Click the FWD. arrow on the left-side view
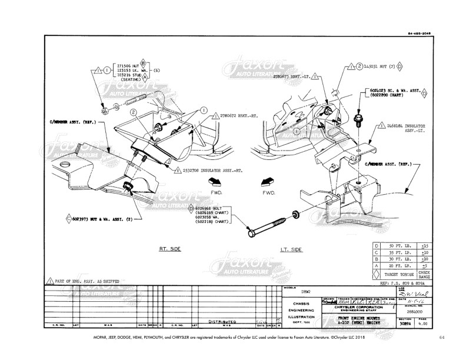point(269,183)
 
